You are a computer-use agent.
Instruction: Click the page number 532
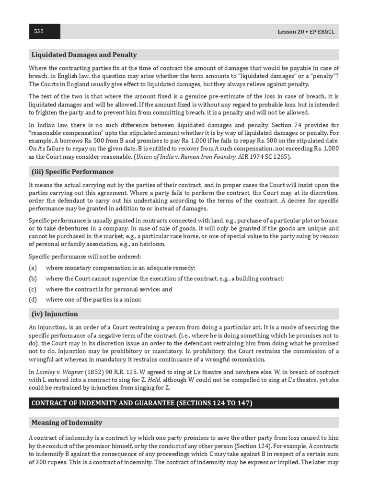(39, 32)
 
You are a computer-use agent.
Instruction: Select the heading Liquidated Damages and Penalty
(84, 55)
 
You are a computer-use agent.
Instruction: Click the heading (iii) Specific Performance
(72, 172)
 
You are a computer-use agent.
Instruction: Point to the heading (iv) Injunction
(55, 314)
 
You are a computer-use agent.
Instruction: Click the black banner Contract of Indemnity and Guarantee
(142, 403)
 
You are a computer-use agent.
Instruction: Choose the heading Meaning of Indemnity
(67, 422)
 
